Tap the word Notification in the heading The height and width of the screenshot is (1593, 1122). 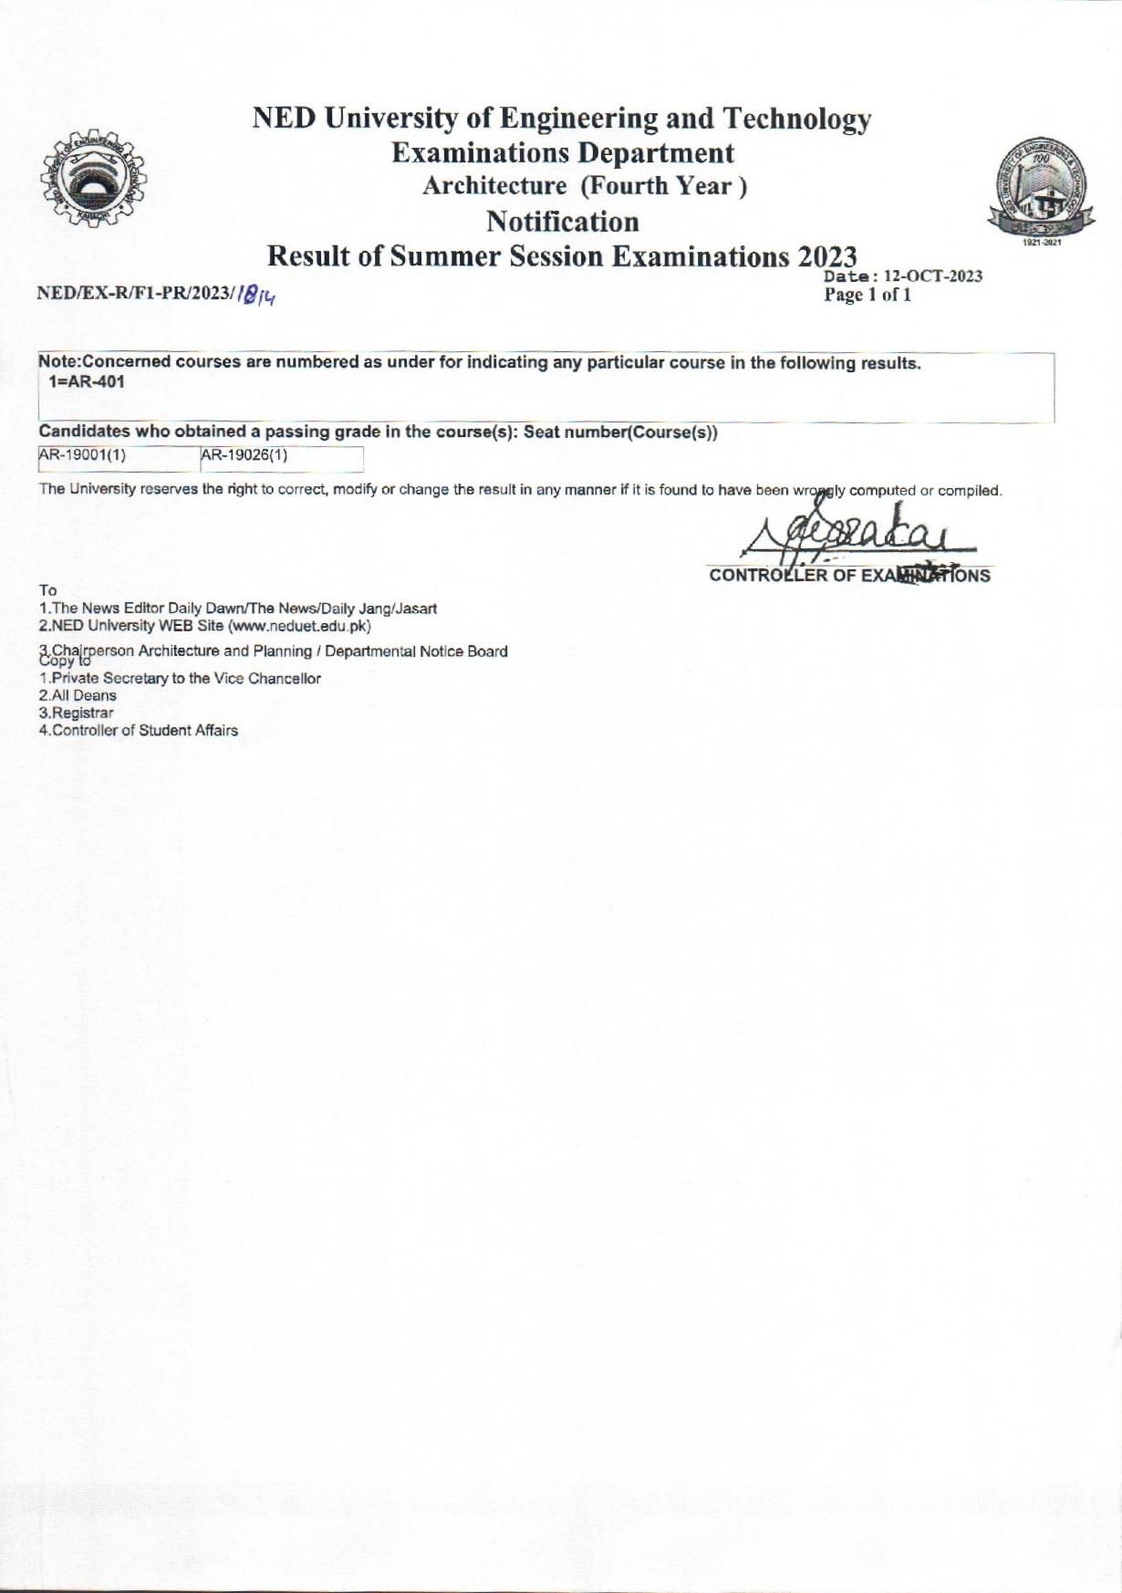coord(562,222)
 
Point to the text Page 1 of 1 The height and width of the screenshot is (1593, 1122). coord(867,296)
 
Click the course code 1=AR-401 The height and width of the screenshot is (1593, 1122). coord(86,382)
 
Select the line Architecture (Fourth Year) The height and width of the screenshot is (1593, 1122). coord(584,186)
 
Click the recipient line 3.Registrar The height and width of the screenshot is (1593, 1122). coord(77,713)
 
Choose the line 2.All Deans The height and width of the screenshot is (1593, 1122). coord(78,695)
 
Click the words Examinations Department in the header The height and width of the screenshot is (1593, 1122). coord(562,152)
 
